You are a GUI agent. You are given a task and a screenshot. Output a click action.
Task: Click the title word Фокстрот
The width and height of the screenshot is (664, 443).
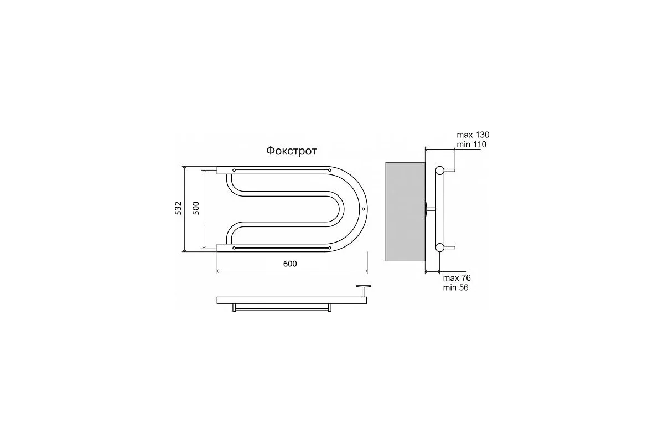[x=292, y=151]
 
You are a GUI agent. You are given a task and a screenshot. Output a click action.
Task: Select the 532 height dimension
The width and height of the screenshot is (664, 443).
[x=178, y=208]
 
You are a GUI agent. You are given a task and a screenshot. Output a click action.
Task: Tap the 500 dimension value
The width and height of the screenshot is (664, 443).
[x=196, y=208]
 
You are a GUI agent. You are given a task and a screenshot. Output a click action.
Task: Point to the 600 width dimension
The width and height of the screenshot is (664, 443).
[x=290, y=264]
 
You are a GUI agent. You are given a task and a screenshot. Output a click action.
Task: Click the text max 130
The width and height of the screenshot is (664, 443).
[x=473, y=135]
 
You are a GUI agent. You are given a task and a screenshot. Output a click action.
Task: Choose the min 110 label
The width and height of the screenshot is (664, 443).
[x=471, y=145]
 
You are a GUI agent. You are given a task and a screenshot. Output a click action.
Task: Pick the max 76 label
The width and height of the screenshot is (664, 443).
[x=457, y=278]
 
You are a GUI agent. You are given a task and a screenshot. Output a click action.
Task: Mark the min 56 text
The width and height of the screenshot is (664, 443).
[x=455, y=287]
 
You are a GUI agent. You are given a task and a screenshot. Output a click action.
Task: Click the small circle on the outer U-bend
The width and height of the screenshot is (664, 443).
[x=364, y=209]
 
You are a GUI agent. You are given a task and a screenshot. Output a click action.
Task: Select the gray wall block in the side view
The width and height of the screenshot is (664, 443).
[x=405, y=212]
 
